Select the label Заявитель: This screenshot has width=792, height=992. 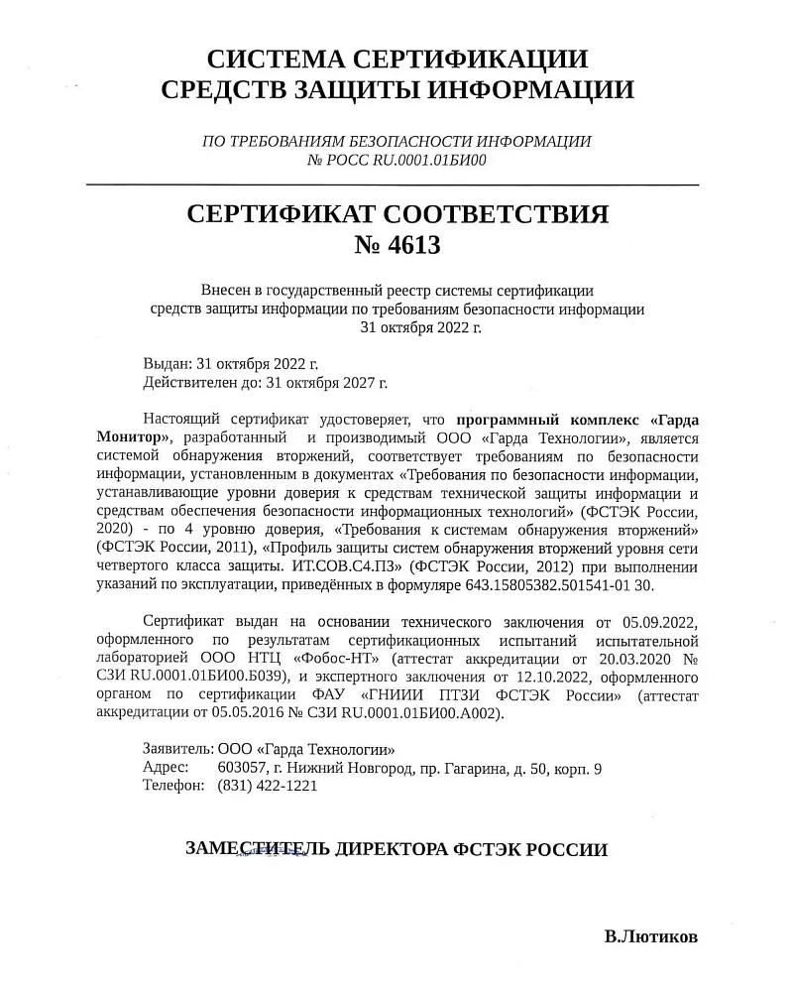(x=177, y=750)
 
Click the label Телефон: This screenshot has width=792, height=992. (x=173, y=786)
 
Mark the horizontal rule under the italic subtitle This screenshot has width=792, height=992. (x=394, y=186)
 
